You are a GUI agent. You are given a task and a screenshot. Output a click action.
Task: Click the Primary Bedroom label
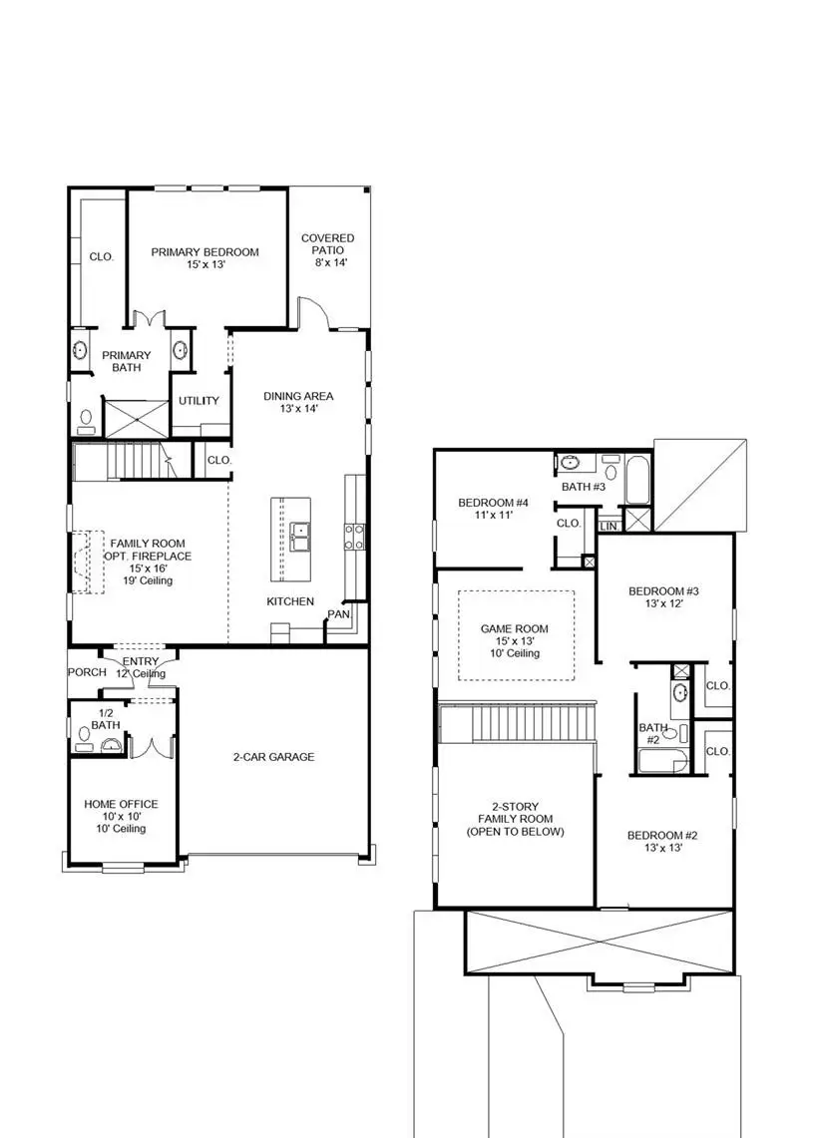click(204, 252)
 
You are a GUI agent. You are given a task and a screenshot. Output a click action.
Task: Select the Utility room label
click(199, 401)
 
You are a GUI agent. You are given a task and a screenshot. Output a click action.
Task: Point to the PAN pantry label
click(339, 614)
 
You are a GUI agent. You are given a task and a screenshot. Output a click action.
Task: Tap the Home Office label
click(120, 804)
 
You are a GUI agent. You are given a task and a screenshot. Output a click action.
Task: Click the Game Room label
click(515, 628)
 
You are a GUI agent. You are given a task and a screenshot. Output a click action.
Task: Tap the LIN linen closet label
click(609, 526)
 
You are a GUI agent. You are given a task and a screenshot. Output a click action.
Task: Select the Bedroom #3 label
click(663, 591)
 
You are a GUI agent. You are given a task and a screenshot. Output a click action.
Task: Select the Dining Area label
click(298, 396)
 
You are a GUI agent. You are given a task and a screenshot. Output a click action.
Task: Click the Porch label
click(87, 672)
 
